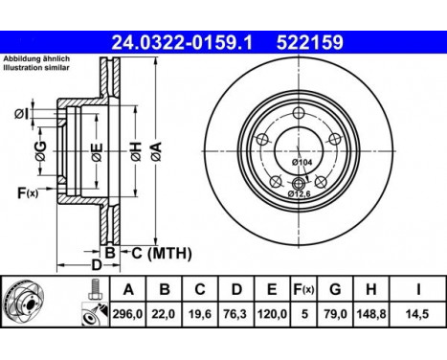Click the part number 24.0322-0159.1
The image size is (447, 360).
pyautogui.click(x=182, y=42)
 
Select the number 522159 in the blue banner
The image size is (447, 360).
pyautogui.click(x=309, y=42)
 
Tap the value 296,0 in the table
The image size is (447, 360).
pyautogui.click(x=127, y=314)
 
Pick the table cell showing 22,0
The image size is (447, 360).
pyautogui.click(x=164, y=314)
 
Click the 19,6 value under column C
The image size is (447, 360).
pyautogui.click(x=200, y=314)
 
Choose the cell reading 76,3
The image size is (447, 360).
pyautogui.click(x=236, y=314)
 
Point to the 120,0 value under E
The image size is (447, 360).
pyautogui.click(x=272, y=314)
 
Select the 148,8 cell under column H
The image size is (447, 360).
pyautogui.click(x=371, y=314)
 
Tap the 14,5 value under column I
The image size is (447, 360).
pyautogui.click(x=417, y=314)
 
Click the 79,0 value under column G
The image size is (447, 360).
pyautogui.click(x=335, y=314)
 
